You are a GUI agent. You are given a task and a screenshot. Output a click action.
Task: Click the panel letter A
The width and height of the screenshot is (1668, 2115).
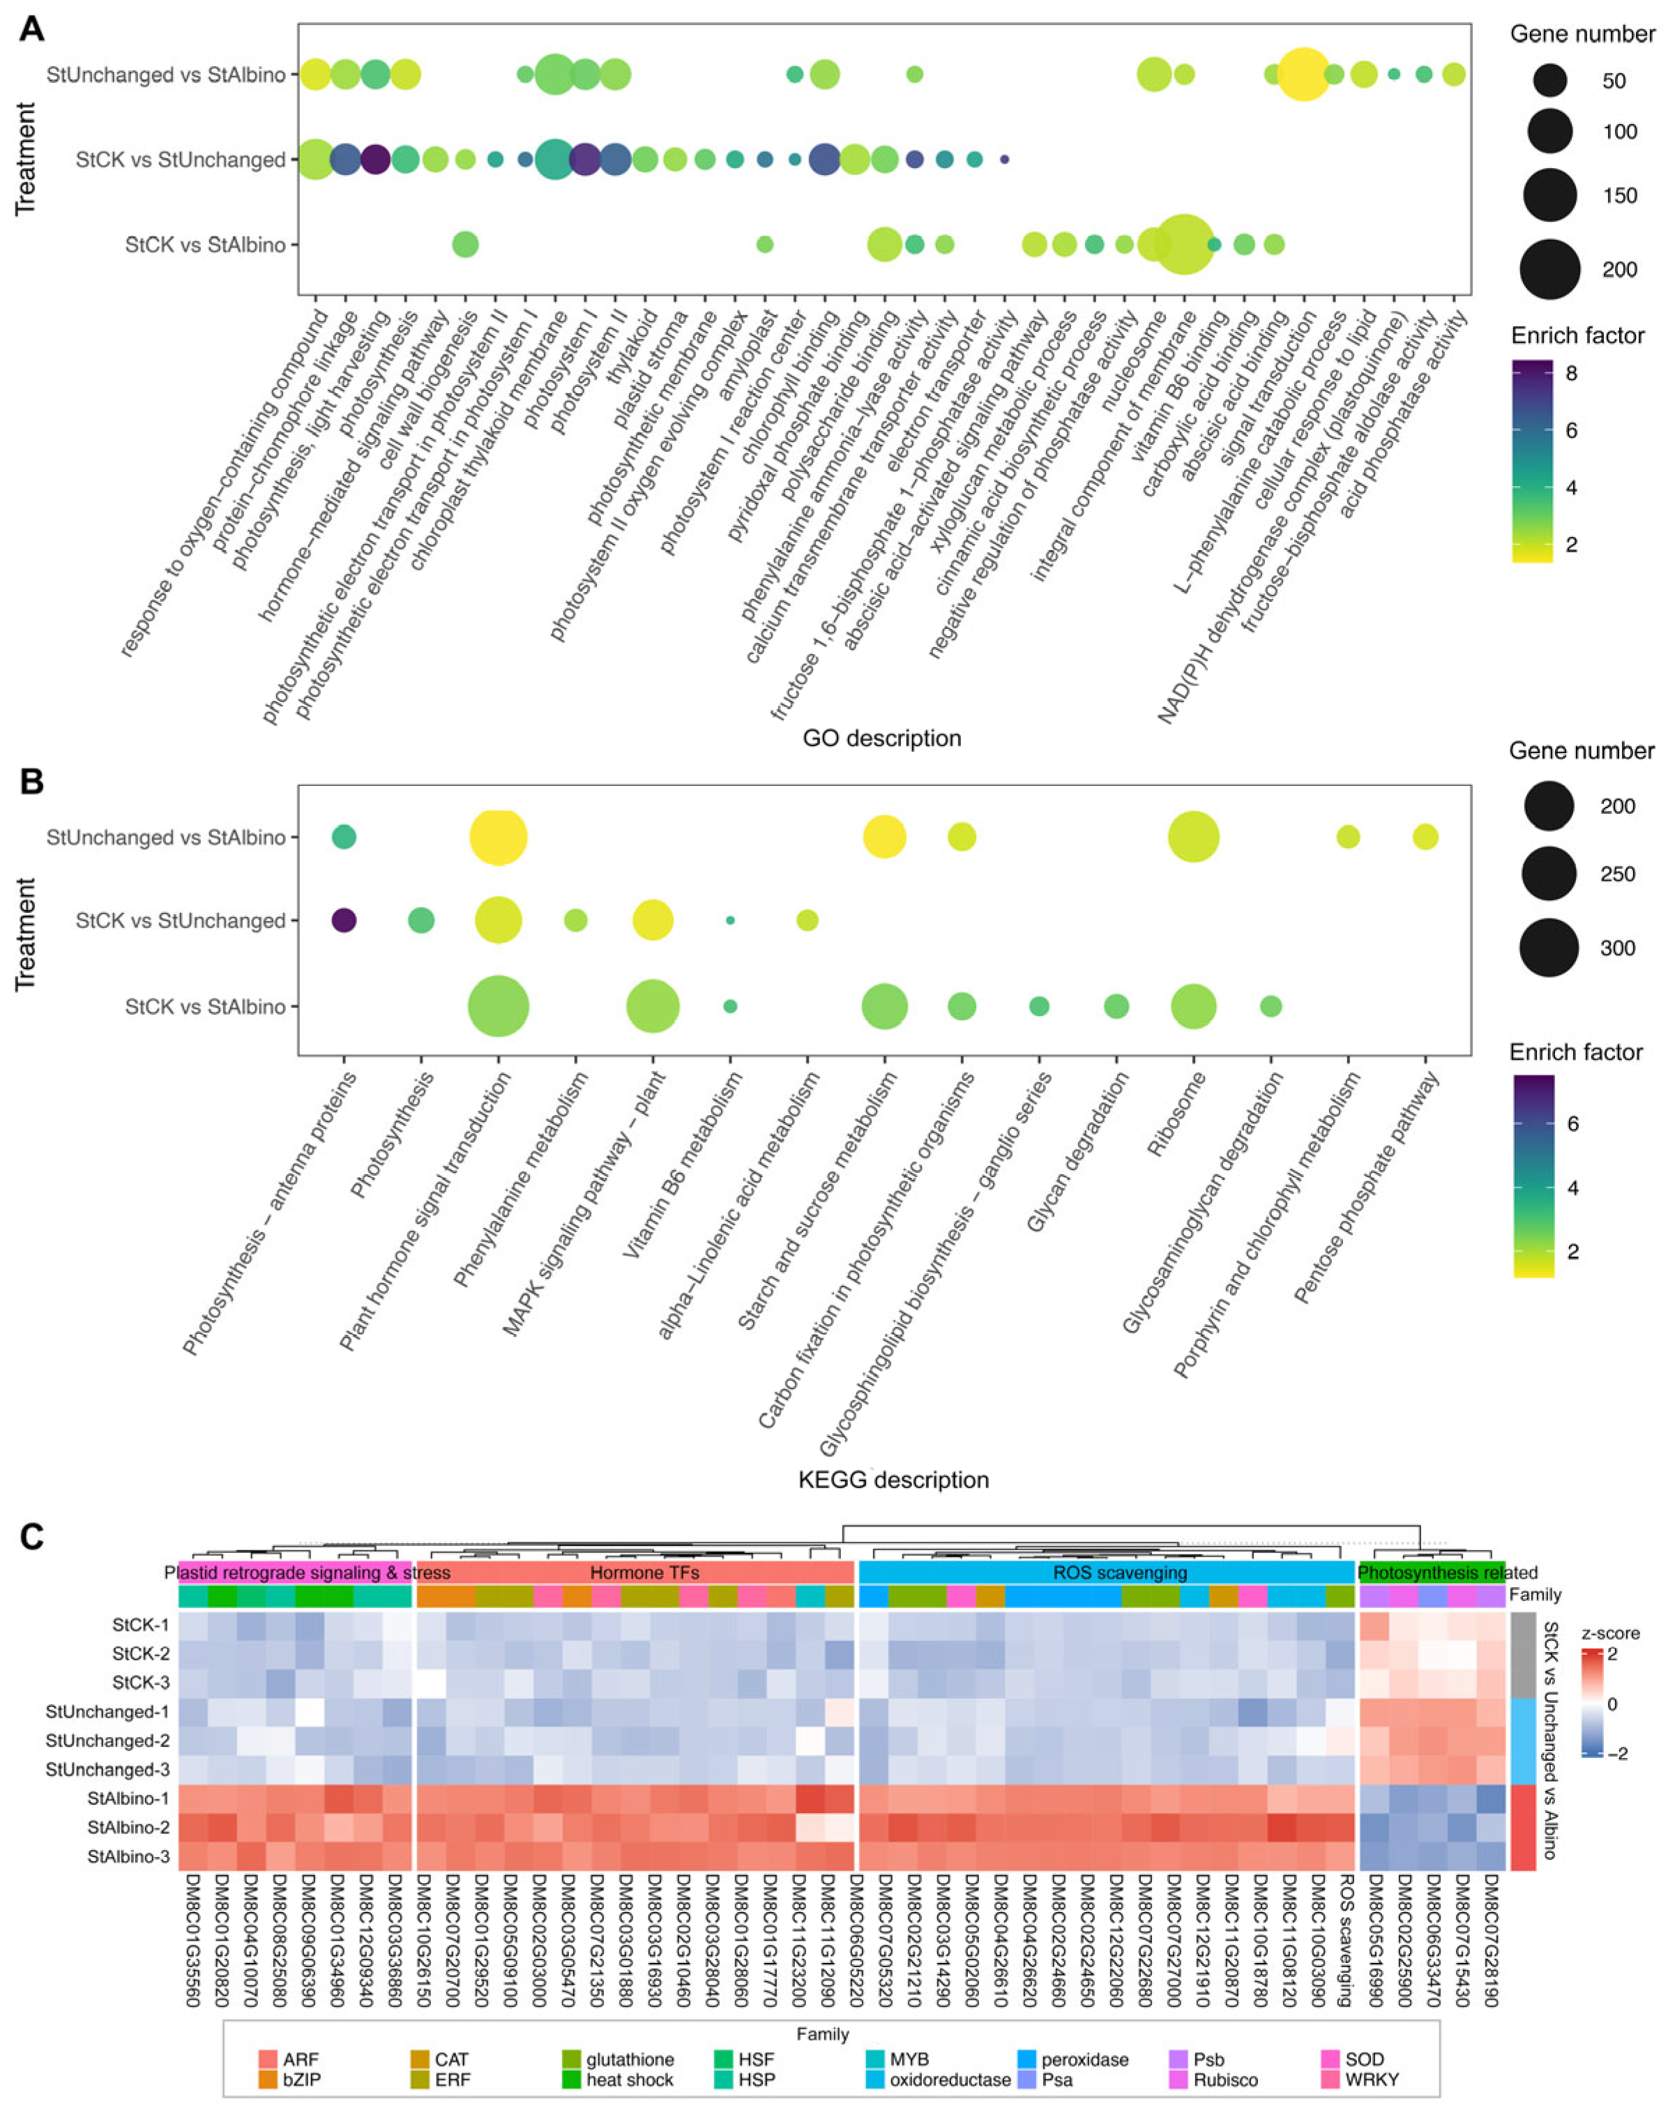coord(31,29)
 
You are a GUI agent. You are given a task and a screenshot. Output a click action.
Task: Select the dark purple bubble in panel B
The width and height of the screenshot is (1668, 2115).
coord(344,920)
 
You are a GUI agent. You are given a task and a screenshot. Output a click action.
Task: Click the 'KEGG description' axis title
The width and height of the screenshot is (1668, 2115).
coord(893,1479)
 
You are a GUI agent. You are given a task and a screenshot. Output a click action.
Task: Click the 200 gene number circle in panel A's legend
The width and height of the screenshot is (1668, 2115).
coord(1550,268)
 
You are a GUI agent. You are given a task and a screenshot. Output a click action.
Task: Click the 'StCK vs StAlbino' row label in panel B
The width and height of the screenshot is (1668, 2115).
coord(205,1007)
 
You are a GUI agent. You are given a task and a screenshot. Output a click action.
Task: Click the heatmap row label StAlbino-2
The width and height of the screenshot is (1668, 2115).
coord(129,1827)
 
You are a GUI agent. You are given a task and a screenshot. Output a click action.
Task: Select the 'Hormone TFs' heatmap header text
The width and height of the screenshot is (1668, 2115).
coord(644,1573)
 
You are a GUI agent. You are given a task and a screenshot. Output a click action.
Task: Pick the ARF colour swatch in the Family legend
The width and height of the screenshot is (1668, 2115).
coord(268,2059)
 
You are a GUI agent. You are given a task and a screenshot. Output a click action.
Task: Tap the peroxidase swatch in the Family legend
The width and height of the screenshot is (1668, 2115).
coord(1026,2059)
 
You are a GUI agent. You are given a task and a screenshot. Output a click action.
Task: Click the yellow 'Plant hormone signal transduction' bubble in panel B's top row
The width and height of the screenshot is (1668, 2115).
coord(498,836)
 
